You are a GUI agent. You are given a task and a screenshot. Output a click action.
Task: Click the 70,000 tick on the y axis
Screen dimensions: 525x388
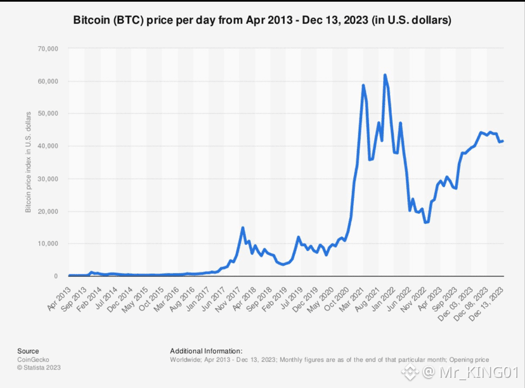[48, 49]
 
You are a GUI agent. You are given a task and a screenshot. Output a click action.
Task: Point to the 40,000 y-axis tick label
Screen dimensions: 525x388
[48, 146]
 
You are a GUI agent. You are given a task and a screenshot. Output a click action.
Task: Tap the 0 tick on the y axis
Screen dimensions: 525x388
[56, 276]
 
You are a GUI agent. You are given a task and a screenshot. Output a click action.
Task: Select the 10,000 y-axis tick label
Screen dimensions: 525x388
[48, 243]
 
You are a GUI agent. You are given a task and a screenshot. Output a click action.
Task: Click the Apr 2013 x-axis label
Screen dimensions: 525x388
[59, 299]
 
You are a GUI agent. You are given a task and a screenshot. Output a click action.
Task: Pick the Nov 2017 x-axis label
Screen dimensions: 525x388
[228, 299]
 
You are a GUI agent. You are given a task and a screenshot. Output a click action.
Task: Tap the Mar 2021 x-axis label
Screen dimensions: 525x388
[352, 299]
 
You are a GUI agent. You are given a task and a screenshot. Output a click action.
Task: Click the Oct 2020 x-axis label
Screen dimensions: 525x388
[337, 299]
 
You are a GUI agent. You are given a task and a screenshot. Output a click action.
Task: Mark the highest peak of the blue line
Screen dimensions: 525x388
[385, 75]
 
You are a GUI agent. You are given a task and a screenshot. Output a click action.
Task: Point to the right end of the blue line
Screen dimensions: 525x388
[503, 141]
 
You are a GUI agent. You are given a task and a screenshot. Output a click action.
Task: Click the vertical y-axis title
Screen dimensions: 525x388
[28, 162]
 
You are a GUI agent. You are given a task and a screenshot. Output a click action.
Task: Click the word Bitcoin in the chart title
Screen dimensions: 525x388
[91, 20]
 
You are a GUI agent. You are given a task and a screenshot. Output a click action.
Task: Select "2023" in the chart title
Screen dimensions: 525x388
[356, 20]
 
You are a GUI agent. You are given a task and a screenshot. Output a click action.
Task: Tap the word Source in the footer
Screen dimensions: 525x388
[28, 351]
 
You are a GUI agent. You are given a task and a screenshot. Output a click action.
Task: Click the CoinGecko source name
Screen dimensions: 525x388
[33, 359]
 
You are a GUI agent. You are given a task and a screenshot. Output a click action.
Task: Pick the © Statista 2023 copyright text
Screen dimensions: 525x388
[39, 368]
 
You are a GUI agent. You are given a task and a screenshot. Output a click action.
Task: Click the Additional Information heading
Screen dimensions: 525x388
[206, 351]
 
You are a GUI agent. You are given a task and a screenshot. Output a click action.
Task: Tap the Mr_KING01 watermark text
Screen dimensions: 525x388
[479, 372]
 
